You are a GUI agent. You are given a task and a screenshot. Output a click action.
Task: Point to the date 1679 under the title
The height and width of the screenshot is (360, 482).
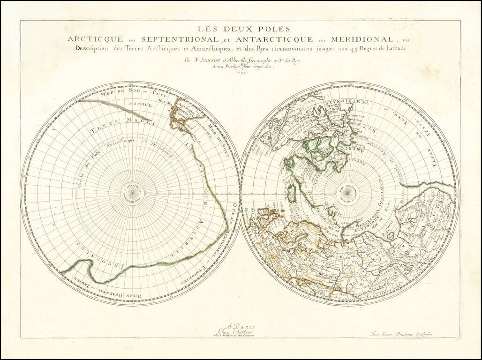click(x=242, y=72)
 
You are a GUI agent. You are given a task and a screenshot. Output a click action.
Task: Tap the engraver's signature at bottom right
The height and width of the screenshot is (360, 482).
click(x=400, y=334)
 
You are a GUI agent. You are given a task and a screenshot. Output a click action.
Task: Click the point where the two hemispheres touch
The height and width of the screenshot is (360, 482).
click(x=241, y=194)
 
